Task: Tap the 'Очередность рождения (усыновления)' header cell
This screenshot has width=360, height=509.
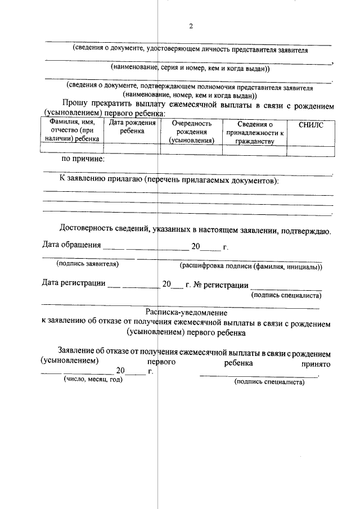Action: (x=191, y=132)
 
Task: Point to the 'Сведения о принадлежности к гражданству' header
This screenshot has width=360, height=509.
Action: (x=255, y=133)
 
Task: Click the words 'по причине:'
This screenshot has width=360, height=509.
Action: (x=83, y=159)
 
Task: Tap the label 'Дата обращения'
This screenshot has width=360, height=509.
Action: (x=71, y=245)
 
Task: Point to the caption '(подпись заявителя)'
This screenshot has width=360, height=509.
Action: (x=87, y=263)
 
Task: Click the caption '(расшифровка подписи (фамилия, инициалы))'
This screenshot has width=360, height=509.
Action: (x=250, y=266)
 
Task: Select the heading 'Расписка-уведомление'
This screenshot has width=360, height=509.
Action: (x=186, y=312)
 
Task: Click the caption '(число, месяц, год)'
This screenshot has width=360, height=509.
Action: (x=91, y=380)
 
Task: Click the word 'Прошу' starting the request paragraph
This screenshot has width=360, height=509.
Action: (x=75, y=105)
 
